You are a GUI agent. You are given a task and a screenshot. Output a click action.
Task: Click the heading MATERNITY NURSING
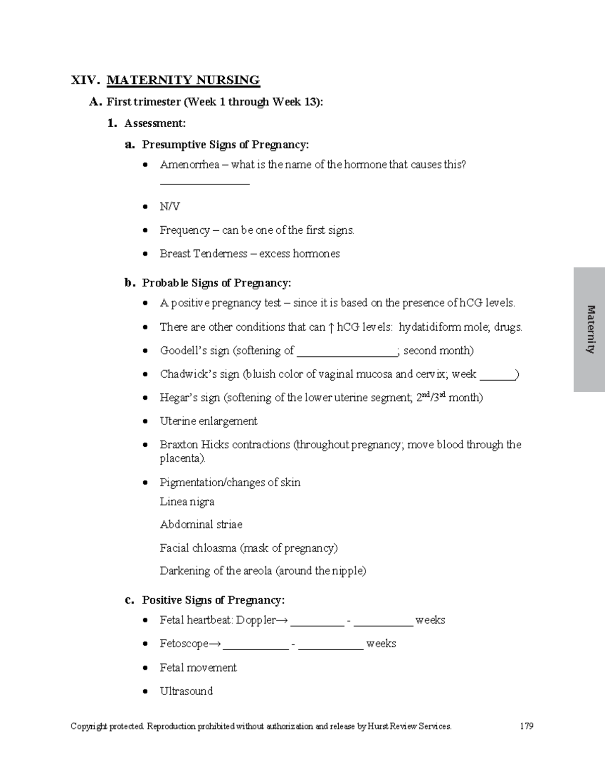pos(183,80)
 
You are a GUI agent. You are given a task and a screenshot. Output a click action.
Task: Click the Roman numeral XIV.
pos(85,80)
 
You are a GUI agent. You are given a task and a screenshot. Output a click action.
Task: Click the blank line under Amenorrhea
pos(205,183)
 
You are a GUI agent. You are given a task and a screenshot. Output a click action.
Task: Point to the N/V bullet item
pos(170,206)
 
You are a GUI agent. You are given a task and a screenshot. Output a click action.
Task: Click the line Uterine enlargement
pos(208,421)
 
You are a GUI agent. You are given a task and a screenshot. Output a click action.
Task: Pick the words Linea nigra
pos(187,502)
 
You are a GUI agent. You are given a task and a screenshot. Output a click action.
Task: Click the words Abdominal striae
pos(201,525)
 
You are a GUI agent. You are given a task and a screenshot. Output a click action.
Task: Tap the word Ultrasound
pos(186,691)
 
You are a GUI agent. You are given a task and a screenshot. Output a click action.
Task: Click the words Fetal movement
pos(198,667)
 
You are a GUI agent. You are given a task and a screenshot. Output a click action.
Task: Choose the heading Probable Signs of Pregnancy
pos(216,283)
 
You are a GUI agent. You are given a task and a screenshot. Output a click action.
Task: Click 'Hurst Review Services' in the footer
pos(409,726)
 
